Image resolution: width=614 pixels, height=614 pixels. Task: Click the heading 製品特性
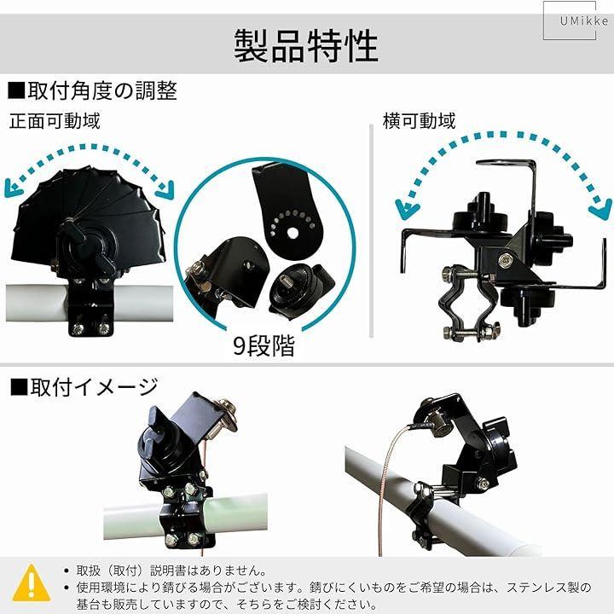(x=306, y=45)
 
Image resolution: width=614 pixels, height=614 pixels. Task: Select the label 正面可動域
(x=55, y=120)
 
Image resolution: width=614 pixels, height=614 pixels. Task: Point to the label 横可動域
(x=420, y=120)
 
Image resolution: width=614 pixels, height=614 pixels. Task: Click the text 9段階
(x=264, y=345)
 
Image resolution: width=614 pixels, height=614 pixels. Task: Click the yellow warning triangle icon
(x=32, y=583)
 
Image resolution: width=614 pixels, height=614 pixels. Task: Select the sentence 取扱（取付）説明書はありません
(x=171, y=571)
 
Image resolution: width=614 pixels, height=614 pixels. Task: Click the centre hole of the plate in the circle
(x=293, y=233)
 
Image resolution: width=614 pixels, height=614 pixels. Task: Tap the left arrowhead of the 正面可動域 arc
(x=13, y=188)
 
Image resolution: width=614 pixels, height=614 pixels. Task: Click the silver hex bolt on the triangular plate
(x=504, y=259)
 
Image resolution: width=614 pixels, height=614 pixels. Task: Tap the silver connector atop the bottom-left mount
(x=225, y=416)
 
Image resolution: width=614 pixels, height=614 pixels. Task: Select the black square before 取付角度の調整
(x=16, y=91)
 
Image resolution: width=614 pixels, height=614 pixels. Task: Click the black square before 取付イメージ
(x=19, y=387)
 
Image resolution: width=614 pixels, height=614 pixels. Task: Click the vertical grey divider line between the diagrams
(x=371, y=231)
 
